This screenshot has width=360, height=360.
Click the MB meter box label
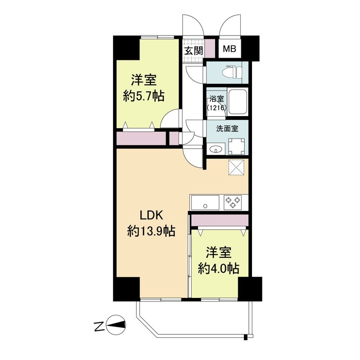[229, 49]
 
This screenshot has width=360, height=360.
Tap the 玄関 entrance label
[194, 51]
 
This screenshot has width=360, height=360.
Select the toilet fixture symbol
[232, 72]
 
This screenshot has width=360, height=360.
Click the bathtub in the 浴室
[238, 101]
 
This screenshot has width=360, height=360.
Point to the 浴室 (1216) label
[217, 103]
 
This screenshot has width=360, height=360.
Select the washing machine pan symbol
[237, 147]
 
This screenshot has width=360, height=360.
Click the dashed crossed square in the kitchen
[237, 167]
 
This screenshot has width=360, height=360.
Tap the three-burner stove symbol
[233, 202]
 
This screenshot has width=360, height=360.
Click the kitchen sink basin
[206, 202]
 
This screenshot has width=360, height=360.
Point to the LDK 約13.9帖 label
[152, 223]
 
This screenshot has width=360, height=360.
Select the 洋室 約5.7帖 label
[144, 88]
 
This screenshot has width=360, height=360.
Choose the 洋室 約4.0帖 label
[219, 261]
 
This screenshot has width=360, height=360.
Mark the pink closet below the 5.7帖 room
[141, 139]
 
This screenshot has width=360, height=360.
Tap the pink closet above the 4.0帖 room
[220, 220]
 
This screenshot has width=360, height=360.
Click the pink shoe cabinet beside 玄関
[210, 49]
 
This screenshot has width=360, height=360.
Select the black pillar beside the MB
[250, 48]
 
